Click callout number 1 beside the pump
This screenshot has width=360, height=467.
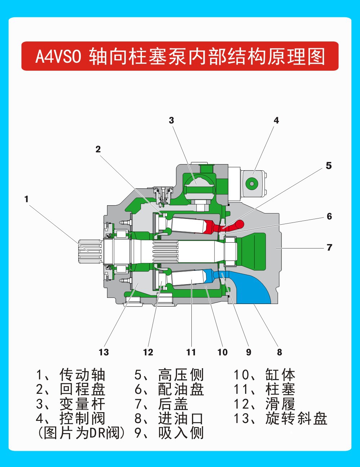tap(26, 199)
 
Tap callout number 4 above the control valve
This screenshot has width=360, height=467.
tap(276, 120)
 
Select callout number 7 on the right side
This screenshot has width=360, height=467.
tap(329, 248)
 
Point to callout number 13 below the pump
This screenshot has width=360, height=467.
tap(103, 352)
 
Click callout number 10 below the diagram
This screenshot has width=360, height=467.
tap(222, 352)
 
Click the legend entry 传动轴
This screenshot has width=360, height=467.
tap(82, 375)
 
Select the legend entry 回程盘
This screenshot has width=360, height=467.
tap(82, 389)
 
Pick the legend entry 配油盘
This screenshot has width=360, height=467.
tap(181, 389)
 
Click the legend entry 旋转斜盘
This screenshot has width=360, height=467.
tap(296, 418)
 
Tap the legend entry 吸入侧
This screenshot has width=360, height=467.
tap(181, 433)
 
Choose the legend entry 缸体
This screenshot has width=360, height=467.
tap(280, 375)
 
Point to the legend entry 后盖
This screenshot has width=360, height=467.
tap(173, 404)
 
